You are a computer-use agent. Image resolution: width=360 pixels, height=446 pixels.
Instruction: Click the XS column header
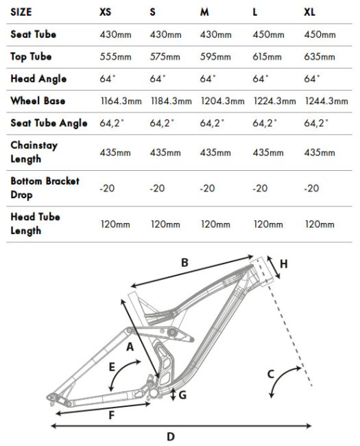[105, 12]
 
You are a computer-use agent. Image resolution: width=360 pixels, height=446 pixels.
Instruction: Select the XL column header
[309, 12]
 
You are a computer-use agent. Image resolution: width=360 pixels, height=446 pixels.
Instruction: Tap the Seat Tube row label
[34, 34]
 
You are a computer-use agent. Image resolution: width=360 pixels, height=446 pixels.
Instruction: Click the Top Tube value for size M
[215, 56]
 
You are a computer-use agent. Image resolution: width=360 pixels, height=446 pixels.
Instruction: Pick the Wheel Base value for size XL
[326, 101]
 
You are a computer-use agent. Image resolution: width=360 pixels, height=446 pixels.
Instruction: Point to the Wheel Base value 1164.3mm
[121, 101]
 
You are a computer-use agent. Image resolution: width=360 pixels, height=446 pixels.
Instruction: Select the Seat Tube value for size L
[268, 34]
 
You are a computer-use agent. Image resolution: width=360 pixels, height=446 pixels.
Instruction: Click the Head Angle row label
[38, 79]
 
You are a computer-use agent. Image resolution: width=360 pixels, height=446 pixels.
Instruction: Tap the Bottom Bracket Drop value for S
[157, 188]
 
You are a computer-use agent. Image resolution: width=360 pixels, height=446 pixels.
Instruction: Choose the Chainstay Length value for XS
[115, 152]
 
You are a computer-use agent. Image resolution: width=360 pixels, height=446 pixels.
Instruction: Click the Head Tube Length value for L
[268, 224]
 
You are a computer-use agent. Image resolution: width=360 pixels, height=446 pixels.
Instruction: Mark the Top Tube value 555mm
[115, 56]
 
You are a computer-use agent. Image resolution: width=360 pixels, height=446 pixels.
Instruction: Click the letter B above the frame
[184, 263]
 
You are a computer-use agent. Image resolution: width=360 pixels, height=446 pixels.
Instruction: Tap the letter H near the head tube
[284, 264]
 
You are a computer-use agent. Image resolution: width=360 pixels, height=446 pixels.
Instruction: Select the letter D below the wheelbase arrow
[171, 436]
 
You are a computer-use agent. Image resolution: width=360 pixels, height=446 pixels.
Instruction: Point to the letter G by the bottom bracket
[182, 395]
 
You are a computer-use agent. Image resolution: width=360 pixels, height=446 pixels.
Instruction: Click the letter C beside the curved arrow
[271, 374]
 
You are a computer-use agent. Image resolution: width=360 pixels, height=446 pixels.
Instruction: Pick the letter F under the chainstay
[112, 415]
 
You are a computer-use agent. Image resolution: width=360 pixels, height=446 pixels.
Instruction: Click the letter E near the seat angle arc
[112, 367]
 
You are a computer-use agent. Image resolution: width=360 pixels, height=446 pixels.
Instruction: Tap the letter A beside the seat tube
[130, 347]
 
